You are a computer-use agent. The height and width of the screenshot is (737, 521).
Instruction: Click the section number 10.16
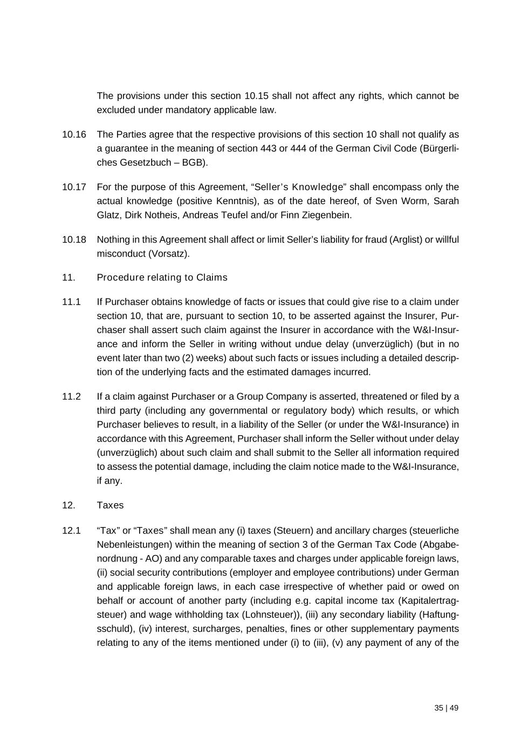coord(74,134)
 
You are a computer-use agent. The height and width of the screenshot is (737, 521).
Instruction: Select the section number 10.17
coord(74,187)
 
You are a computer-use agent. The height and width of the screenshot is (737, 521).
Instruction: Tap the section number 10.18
coord(74,240)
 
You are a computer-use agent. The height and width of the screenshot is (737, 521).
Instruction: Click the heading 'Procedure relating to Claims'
coord(162,278)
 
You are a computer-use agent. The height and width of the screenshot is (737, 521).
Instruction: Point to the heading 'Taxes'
coord(110,505)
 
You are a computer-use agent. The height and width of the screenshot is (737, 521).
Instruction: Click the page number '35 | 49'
coord(446,708)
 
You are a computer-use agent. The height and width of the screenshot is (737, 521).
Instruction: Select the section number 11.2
coord(71,397)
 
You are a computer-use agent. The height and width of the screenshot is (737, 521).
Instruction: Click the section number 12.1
coord(71,531)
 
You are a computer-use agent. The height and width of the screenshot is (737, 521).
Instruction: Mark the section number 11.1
coord(71,302)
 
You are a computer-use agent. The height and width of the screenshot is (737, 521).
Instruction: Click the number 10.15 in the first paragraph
coord(256,96)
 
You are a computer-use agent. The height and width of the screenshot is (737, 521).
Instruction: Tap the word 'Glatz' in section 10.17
coord(108,215)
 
